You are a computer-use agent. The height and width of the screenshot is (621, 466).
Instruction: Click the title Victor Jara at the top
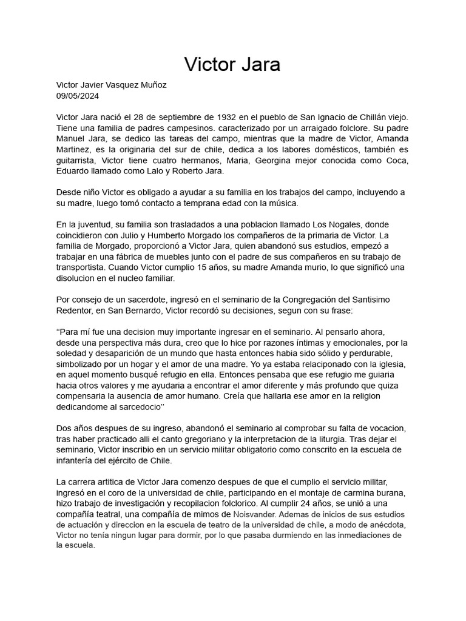pos(232,64)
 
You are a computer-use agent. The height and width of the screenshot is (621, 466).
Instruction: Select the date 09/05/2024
pos(77,96)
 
